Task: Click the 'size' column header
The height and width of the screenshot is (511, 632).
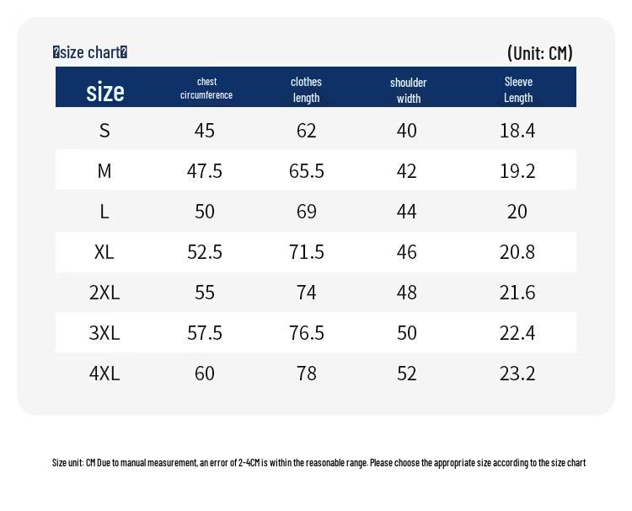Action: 105,92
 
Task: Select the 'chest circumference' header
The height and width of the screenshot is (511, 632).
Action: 206,88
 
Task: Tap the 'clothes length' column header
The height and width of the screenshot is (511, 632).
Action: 307,89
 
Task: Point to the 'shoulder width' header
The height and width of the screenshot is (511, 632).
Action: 409,90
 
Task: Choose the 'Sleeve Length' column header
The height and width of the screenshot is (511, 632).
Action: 518,89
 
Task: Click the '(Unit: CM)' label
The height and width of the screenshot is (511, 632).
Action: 539,53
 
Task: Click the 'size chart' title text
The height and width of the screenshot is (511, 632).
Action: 90,52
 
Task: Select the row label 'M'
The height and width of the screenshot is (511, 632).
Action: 104,171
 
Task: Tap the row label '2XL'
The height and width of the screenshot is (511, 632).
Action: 104,293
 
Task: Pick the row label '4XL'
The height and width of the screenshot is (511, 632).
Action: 104,374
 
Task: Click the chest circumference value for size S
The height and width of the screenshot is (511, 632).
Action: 205,131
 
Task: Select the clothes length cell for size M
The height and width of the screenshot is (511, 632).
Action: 307,171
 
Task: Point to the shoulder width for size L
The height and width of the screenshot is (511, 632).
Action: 406,212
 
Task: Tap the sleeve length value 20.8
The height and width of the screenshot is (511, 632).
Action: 517,252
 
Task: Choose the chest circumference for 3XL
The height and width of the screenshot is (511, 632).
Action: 205,333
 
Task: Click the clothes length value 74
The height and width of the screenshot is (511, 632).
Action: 307,293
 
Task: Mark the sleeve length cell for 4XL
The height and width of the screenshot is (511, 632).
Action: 517,374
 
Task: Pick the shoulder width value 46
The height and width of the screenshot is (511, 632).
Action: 406,252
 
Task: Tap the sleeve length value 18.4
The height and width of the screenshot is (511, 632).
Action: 517,131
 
